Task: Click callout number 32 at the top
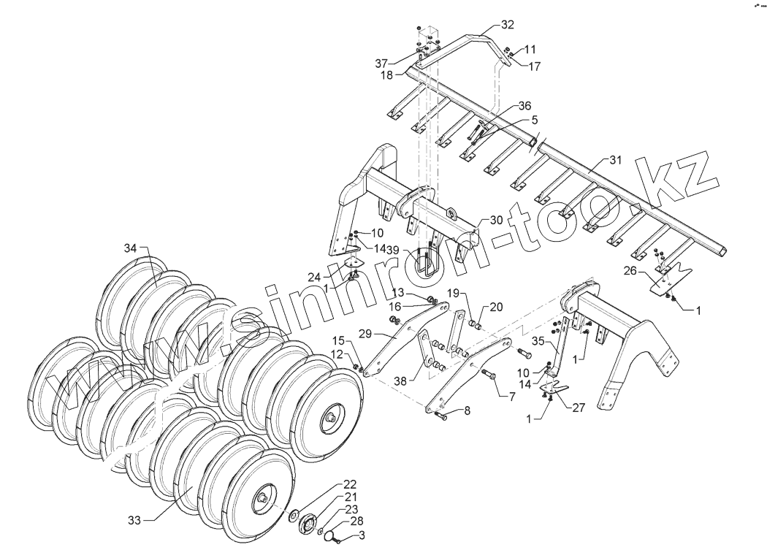tap(507, 24)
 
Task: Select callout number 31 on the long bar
tap(615, 160)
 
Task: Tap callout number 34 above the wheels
tap(130, 249)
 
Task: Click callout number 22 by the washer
tap(350, 484)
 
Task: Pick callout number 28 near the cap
tap(356, 521)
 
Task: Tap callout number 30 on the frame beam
tap(497, 220)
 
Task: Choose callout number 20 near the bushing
tap(497, 307)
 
